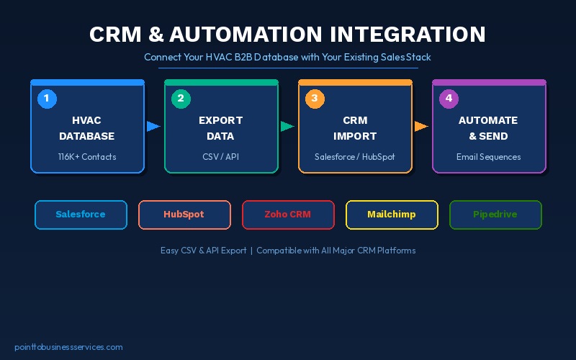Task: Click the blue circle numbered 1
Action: pos(47,99)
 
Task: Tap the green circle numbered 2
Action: pos(181,99)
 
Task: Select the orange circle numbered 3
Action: pos(315,99)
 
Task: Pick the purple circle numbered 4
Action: pos(449,99)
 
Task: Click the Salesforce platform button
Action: pos(81,215)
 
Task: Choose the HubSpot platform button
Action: pos(184,215)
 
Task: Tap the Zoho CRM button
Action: pos(288,215)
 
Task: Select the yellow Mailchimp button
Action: pos(392,215)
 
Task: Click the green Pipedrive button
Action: pos(495,215)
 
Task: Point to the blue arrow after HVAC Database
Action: pos(153,127)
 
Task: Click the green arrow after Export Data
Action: pos(287,127)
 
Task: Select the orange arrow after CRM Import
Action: pos(421,127)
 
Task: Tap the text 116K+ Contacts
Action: pos(87,156)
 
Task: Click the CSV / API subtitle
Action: pos(221,156)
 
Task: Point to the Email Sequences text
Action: pos(489,156)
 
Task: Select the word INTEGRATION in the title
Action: pos(408,35)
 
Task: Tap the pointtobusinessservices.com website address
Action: pos(68,347)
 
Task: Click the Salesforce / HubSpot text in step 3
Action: pos(355,156)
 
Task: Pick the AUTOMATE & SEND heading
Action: pos(489,128)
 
